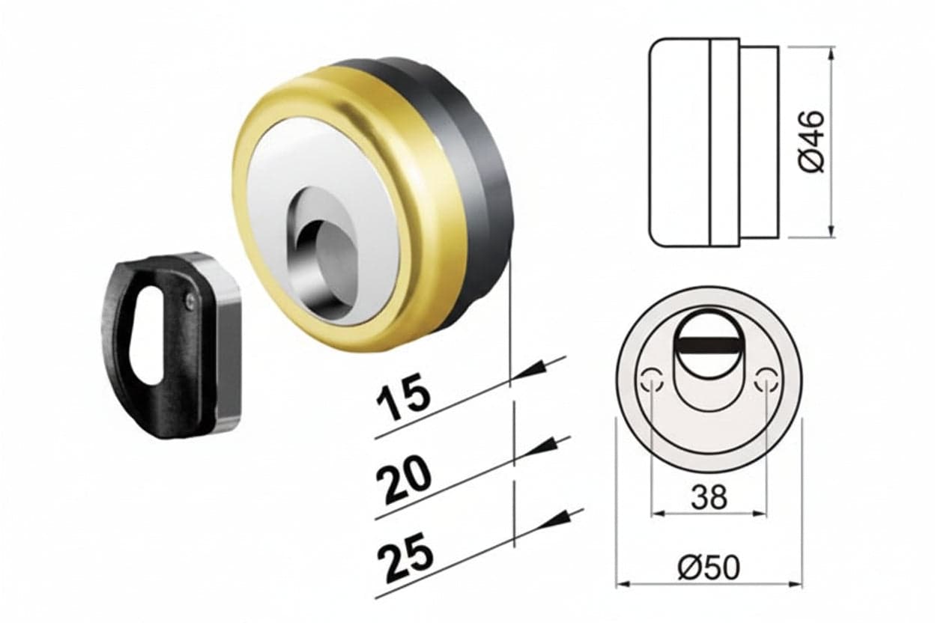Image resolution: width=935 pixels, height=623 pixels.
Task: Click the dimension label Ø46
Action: [x=813, y=141]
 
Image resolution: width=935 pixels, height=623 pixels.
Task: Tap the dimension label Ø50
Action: [x=708, y=568]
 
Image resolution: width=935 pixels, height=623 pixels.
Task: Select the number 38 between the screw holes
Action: [x=709, y=497]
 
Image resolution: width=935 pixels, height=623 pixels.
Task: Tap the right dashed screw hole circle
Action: [x=766, y=380]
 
